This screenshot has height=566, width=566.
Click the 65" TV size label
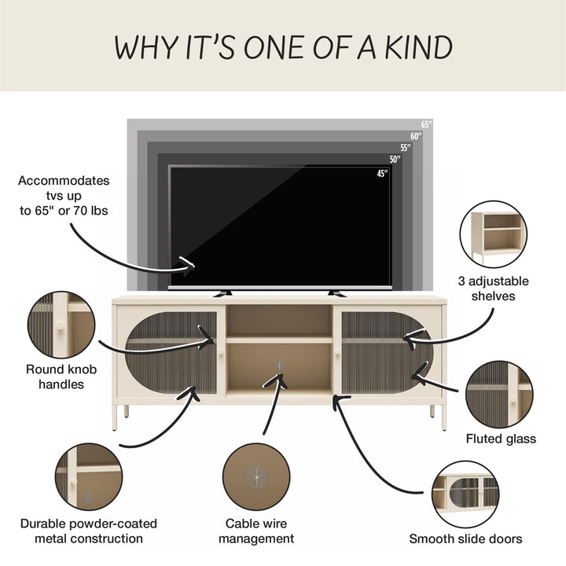[426, 124]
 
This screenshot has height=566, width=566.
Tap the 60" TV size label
[416, 136]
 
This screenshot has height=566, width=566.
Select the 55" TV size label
[406, 148]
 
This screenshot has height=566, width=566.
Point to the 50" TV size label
[395, 159]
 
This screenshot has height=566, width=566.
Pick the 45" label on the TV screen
[382, 174]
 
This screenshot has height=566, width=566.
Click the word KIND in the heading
[419, 48]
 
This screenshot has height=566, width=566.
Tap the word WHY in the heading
[146, 48]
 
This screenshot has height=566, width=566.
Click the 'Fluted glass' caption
[501, 439]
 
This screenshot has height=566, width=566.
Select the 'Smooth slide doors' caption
[465, 538]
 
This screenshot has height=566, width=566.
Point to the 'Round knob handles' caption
[61, 377]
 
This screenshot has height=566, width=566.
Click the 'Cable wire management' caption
[256, 531]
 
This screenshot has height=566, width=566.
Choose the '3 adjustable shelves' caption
[493, 289]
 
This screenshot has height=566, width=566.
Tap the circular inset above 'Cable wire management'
[256, 477]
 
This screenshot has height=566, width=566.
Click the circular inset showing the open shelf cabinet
[494, 234]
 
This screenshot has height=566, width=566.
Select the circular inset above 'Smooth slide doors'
[465, 494]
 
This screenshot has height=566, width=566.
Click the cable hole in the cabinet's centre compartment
[278, 366]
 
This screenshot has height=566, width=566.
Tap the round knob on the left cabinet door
[221, 351]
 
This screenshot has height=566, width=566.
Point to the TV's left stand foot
[222, 293]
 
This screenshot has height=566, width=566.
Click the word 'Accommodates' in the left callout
[64, 181]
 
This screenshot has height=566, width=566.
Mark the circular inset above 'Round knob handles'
[61, 325]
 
